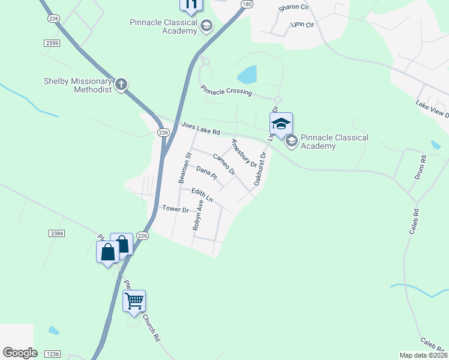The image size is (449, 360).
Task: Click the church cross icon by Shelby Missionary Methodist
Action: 121,83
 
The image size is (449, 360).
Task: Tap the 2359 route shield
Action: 52,43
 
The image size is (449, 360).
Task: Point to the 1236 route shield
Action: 52,355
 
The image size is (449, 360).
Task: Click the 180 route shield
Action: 246,4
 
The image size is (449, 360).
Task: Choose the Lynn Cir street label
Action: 302,25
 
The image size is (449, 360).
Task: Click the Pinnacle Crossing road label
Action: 226,91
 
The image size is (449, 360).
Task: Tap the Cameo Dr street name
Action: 223,164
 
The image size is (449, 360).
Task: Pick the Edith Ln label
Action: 202,194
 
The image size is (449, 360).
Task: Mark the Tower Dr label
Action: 176,209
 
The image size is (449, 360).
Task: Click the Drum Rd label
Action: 420,166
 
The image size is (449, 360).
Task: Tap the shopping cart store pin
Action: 134,300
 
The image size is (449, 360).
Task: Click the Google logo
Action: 20,353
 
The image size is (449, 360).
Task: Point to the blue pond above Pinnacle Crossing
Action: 247,75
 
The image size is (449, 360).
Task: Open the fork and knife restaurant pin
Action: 191,5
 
